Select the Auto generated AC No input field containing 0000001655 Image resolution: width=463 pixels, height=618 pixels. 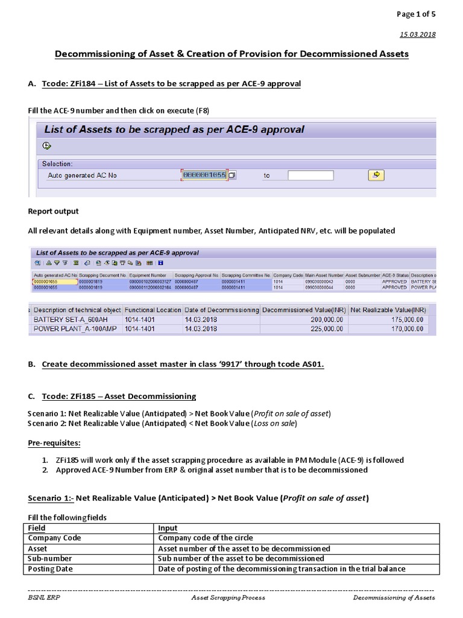tap(204, 175)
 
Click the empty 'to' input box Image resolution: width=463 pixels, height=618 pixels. tap(310, 176)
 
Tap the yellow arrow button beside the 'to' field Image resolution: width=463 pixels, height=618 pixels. tap(376, 175)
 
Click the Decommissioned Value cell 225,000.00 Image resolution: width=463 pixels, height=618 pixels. tap(319, 329)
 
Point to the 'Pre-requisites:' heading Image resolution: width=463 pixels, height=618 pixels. tap(54, 443)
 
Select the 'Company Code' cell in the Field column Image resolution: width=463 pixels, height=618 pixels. tap(54, 538)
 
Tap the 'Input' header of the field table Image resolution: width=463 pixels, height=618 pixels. tap(168, 527)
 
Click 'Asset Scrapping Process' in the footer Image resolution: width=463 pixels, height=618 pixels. tap(228, 597)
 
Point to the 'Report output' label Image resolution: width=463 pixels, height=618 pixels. tap(53, 211)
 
